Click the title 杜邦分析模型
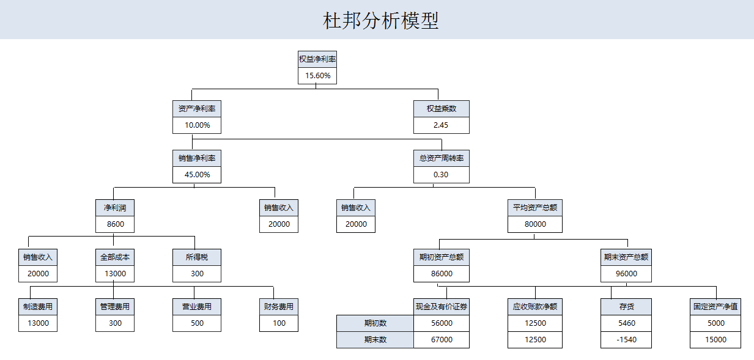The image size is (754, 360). (380, 21)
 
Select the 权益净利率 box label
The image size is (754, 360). (317, 59)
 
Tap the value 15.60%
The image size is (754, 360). (317, 76)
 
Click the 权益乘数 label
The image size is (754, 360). (442, 109)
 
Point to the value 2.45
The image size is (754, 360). (442, 125)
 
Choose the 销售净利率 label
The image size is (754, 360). (197, 158)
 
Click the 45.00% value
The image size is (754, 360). (197, 175)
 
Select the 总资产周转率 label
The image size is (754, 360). (442, 158)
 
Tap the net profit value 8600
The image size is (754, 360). (115, 224)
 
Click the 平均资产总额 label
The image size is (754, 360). (535, 208)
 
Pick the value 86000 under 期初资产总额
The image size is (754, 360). (442, 274)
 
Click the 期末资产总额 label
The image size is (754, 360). (626, 257)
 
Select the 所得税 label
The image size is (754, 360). (197, 257)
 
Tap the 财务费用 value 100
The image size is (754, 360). (279, 323)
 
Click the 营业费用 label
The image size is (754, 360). (197, 307)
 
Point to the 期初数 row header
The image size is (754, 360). (375, 323)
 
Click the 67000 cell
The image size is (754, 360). (442, 340)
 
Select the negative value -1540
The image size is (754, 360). (626, 340)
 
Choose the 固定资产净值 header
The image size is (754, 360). (715, 307)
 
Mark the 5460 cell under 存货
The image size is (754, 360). (626, 323)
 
